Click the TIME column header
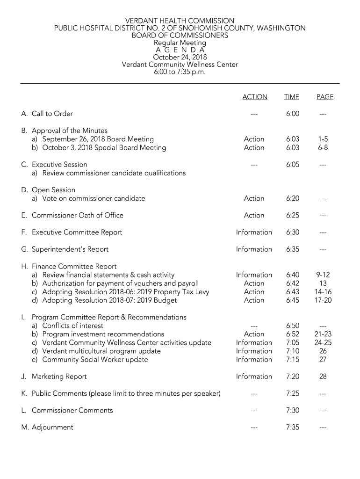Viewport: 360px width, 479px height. (291, 97)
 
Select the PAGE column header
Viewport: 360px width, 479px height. (324, 97)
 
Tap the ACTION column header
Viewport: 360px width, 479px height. (255, 97)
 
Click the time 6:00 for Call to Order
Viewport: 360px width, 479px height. (293, 114)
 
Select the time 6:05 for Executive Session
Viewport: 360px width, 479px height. (293, 165)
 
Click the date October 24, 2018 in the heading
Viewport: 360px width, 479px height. (180, 58)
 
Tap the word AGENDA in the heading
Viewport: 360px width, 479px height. (180, 50)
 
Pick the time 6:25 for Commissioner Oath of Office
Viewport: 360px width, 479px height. (293, 215)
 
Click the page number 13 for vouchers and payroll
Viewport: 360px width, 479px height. (323, 283)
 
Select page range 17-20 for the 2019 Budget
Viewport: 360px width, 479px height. (323, 300)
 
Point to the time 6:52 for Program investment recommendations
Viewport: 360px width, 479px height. (293, 334)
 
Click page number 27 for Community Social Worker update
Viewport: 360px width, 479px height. (323, 360)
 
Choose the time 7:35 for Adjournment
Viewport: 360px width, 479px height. (293, 427)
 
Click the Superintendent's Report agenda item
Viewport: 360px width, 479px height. (70, 249)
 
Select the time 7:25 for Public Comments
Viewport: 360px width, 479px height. (293, 393)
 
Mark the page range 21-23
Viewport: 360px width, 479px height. (323, 334)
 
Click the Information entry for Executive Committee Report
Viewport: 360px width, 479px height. (254, 232)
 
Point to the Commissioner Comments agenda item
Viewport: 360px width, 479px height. (72, 410)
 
